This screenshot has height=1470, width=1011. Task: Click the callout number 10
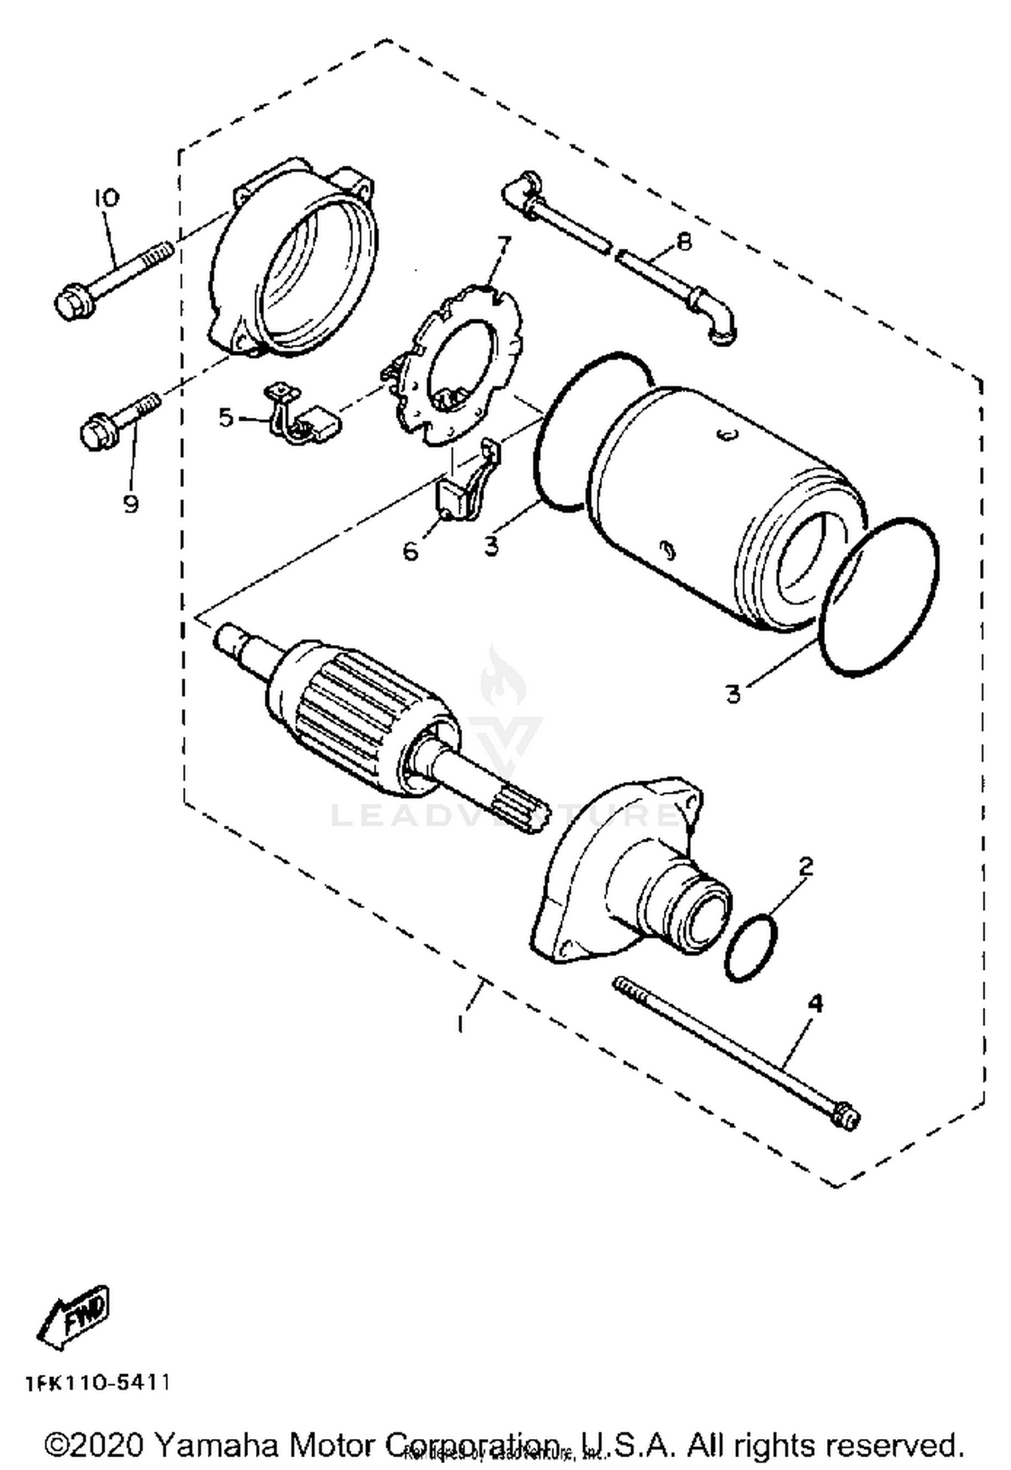tap(106, 197)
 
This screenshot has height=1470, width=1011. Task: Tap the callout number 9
tap(131, 503)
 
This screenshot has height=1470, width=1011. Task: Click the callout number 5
tap(226, 417)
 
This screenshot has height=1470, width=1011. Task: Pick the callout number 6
tap(410, 551)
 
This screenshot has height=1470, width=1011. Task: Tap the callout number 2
tap(805, 866)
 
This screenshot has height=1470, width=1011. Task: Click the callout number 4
tap(815, 1004)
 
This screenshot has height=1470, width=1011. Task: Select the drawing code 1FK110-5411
tap(98, 1383)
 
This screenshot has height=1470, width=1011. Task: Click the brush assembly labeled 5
tap(303, 418)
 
